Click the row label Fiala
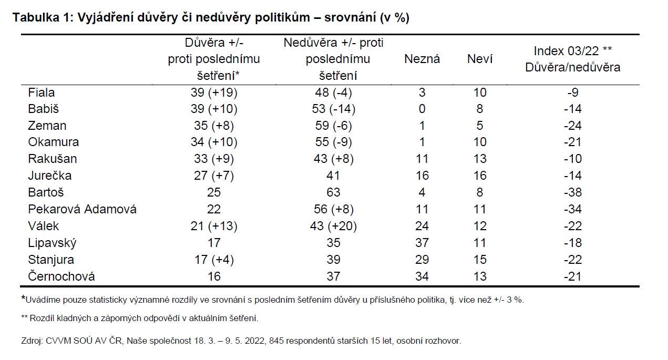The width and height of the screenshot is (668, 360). pyautogui.click(x=42, y=92)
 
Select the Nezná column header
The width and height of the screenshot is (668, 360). pyautogui.click(x=422, y=59)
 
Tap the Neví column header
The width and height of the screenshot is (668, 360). pyautogui.click(x=480, y=59)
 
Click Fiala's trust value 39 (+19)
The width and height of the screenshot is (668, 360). pyautogui.click(x=214, y=92)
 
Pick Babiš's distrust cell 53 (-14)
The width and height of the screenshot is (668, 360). pyautogui.click(x=333, y=109)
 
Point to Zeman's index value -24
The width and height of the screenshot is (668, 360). pyautogui.click(x=572, y=126)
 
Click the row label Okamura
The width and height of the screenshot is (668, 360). pyautogui.click(x=54, y=142)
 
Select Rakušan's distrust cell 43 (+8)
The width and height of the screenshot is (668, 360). pyautogui.click(x=333, y=159)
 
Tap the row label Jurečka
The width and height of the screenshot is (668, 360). pyautogui.click(x=50, y=176)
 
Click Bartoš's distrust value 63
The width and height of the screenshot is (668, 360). pyautogui.click(x=333, y=192)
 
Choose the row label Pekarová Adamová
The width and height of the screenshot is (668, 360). pyautogui.click(x=83, y=209)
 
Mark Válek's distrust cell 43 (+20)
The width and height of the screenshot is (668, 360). pyautogui.click(x=333, y=226)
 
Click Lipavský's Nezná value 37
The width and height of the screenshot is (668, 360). pyautogui.click(x=422, y=243)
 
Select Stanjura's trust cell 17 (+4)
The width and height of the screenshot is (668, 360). pyautogui.click(x=214, y=260)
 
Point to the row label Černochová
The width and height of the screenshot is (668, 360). pyautogui.click(x=61, y=276)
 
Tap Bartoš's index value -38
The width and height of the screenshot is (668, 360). pyautogui.click(x=572, y=192)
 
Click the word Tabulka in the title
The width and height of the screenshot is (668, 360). pyautogui.click(x=36, y=17)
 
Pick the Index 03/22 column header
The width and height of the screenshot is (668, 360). pyautogui.click(x=572, y=59)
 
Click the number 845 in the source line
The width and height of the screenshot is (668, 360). pyautogui.click(x=275, y=341)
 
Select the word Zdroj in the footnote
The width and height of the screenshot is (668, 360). pyautogui.click(x=32, y=341)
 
